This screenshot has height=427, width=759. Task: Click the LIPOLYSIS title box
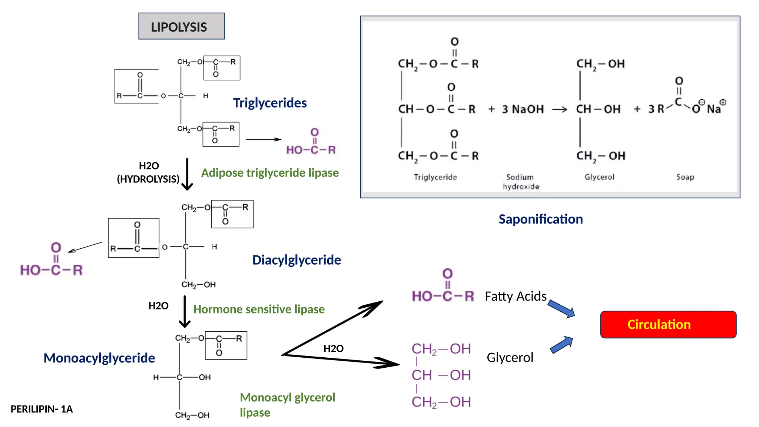click(x=181, y=26)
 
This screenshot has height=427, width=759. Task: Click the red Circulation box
click(x=668, y=324)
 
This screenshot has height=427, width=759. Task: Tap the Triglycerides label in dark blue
click(x=270, y=103)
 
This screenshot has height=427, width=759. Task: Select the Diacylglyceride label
click(x=296, y=260)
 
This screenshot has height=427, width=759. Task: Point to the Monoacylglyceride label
click(x=99, y=358)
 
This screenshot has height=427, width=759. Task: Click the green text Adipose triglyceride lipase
click(x=270, y=173)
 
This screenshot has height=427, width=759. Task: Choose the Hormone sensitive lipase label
click(x=259, y=309)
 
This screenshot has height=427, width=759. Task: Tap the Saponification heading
click(x=540, y=219)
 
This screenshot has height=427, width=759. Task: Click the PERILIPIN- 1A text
click(x=42, y=409)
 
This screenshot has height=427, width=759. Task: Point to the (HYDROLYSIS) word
click(x=148, y=179)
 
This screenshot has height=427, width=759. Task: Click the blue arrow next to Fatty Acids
click(x=561, y=309)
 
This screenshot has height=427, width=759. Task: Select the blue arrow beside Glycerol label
click(x=561, y=345)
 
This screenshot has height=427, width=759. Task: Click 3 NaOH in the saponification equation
click(x=523, y=109)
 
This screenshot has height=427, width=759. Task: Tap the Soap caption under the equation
click(x=685, y=177)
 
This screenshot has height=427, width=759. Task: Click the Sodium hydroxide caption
click(x=521, y=182)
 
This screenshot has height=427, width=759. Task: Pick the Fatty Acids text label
click(x=516, y=296)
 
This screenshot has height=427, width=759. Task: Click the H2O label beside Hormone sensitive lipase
click(x=158, y=306)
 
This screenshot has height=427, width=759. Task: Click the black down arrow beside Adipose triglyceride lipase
click(x=187, y=174)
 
